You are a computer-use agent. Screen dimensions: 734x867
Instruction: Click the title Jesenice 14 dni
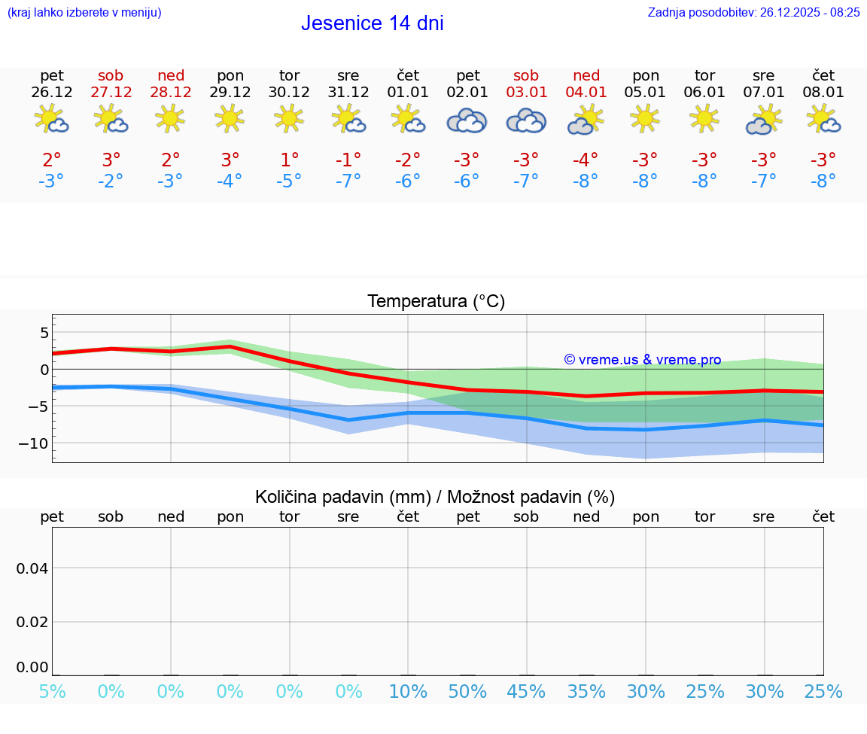tap(372, 23)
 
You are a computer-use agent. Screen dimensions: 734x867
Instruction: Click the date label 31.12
tap(348, 93)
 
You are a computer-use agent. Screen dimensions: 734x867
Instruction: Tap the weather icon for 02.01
tap(467, 120)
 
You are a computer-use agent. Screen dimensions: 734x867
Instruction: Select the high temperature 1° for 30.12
tap(289, 160)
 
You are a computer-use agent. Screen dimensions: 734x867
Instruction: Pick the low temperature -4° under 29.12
tap(230, 181)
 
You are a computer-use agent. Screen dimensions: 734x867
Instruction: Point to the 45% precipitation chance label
tap(526, 692)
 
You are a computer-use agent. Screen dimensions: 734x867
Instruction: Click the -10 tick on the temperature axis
tap(34, 443)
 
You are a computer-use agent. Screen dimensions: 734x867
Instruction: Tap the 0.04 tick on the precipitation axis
tap(33, 568)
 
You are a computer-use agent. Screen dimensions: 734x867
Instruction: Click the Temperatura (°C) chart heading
tap(436, 302)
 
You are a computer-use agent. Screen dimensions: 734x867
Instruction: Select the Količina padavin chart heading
tap(435, 497)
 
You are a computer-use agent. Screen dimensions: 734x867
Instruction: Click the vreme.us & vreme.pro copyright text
tap(642, 360)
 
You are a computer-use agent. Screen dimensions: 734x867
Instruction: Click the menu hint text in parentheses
tap(84, 12)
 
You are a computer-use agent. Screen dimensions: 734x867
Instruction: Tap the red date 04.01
tap(586, 93)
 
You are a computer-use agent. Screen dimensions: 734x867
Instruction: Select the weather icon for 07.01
tap(763, 120)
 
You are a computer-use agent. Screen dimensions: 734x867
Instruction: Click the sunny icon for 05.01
tap(645, 118)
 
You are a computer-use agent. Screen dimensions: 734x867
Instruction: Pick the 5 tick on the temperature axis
tap(44, 333)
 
